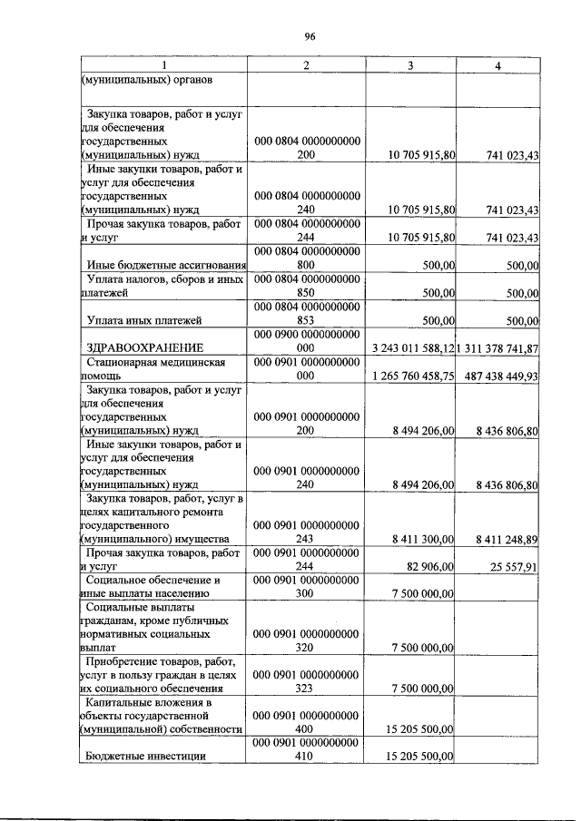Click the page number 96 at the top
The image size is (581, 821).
coord(309,35)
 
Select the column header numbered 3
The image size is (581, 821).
coord(410,65)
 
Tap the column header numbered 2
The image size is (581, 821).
coord(306,65)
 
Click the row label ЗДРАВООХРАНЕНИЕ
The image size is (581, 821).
coord(143,347)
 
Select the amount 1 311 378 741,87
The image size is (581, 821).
coord(498,348)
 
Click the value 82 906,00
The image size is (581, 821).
coord(429,567)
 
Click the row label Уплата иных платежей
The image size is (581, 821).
coord(143,320)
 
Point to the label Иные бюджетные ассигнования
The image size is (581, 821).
coord(164,265)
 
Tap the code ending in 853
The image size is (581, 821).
coord(306,320)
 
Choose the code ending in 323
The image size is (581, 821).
coord(306,689)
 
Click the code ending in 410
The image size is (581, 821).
coord(306,755)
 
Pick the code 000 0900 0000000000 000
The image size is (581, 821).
coord(306,340)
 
